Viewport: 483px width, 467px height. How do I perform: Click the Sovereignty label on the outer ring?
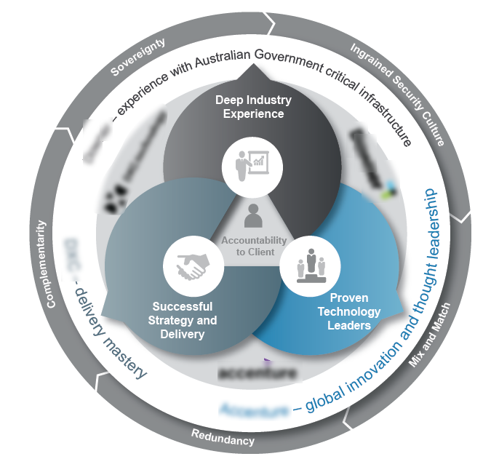pos(138,56)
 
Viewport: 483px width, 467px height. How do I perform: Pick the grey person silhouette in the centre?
pos(252,216)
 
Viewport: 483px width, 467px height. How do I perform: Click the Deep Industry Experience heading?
pos(253,106)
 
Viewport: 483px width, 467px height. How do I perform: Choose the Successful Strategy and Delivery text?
pos(182,320)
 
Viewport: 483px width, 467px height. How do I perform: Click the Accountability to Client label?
pos(253,246)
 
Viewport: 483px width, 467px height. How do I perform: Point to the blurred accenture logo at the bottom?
pos(258,374)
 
